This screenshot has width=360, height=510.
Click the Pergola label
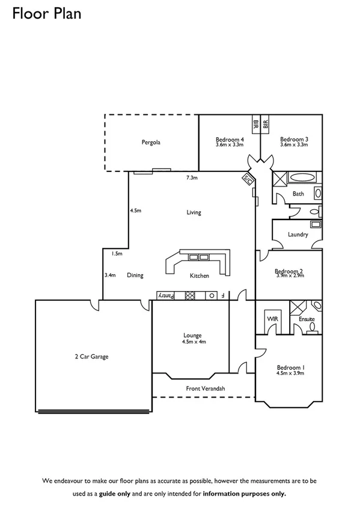pyautogui.click(x=151, y=143)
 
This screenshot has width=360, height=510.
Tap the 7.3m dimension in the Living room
pyautogui.click(x=192, y=177)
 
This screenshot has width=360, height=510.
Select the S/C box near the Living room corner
pyautogui.click(x=246, y=179)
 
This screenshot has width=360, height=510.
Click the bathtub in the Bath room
pyautogui.click(x=302, y=178)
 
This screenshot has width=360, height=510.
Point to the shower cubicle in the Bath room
pyautogui.click(x=279, y=178)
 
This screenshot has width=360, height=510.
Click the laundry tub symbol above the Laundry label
pyautogui.click(x=316, y=224)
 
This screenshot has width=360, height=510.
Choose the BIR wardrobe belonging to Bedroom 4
pyautogui.click(x=256, y=124)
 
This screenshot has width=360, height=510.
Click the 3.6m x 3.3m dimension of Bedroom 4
pyautogui.click(x=229, y=144)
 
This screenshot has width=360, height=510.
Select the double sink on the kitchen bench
pyautogui.click(x=199, y=257)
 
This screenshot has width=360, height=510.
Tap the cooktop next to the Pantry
pyautogui.click(x=190, y=295)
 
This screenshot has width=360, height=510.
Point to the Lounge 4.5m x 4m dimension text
pyautogui.click(x=194, y=342)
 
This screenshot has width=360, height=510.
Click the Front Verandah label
pyautogui.click(x=205, y=389)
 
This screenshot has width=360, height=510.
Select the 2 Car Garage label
pyautogui.click(x=91, y=356)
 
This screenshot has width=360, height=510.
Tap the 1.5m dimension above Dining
pyautogui.click(x=117, y=254)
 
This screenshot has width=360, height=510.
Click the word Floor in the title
pyautogui.click(x=27, y=13)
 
